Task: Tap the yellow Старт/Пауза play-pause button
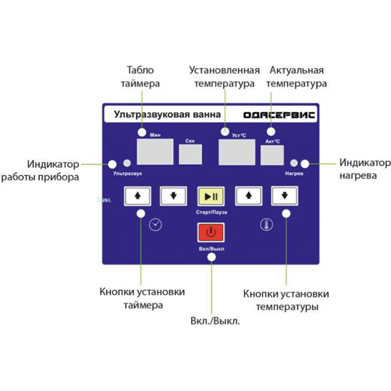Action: click(211, 197)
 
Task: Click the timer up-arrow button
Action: click(137, 196)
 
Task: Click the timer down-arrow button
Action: click(173, 196)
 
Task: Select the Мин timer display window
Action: click(155, 152)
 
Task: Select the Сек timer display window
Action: click(190, 154)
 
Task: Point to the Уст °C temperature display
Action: click(237, 152)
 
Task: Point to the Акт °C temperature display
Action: click(272, 155)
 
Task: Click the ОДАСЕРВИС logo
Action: click(279, 115)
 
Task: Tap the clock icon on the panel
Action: click(155, 225)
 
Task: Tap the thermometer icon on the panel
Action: click(267, 224)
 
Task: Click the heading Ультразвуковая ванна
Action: click(167, 115)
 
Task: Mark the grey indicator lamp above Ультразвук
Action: click(127, 163)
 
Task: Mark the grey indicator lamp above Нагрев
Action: click(294, 163)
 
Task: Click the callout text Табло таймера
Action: click(140, 77)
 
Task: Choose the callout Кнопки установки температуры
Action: click(286, 300)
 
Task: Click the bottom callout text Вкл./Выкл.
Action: click(215, 321)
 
